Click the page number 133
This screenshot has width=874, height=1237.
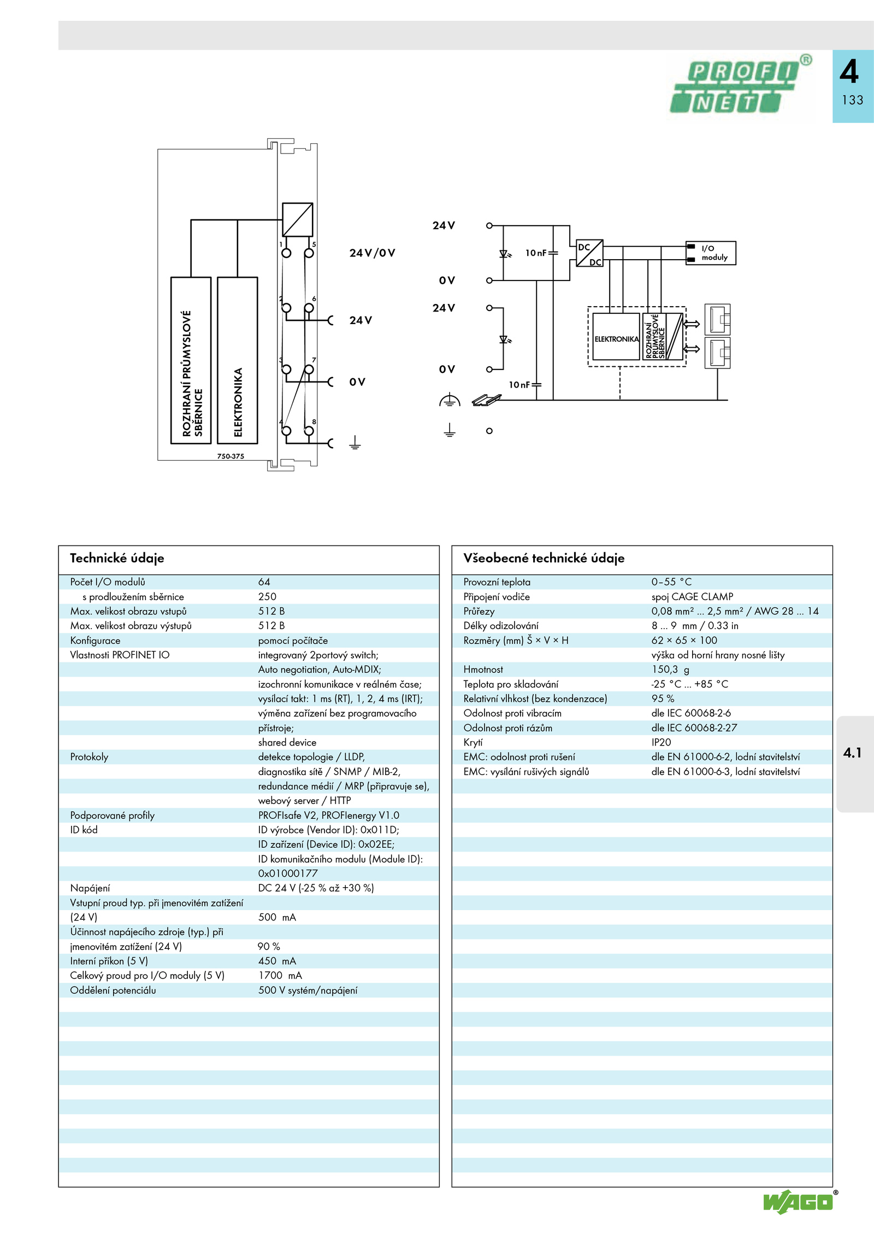tap(853, 100)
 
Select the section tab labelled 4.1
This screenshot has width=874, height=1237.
tap(852, 753)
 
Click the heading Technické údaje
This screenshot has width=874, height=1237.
tap(117, 558)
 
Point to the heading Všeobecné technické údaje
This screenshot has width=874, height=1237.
tap(544, 558)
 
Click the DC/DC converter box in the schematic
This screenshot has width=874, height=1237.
tap(589, 253)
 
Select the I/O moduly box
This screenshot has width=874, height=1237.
tap(711, 253)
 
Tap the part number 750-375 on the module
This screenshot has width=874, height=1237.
tap(231, 456)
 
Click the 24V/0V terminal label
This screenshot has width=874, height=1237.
tap(372, 253)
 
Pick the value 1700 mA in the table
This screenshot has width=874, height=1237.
tap(280, 976)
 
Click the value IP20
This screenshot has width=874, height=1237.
tap(661, 742)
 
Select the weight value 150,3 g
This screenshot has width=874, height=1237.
tap(670, 670)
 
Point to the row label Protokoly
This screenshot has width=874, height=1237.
tap(89, 757)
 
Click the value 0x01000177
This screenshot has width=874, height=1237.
tap(288, 873)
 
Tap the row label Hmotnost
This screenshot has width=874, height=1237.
tap(483, 670)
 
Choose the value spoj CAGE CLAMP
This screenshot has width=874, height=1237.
tap(692, 597)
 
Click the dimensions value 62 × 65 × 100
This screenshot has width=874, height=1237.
tap(684, 641)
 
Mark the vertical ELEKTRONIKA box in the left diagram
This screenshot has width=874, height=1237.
tap(238, 360)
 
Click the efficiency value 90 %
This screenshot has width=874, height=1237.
tap(269, 947)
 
